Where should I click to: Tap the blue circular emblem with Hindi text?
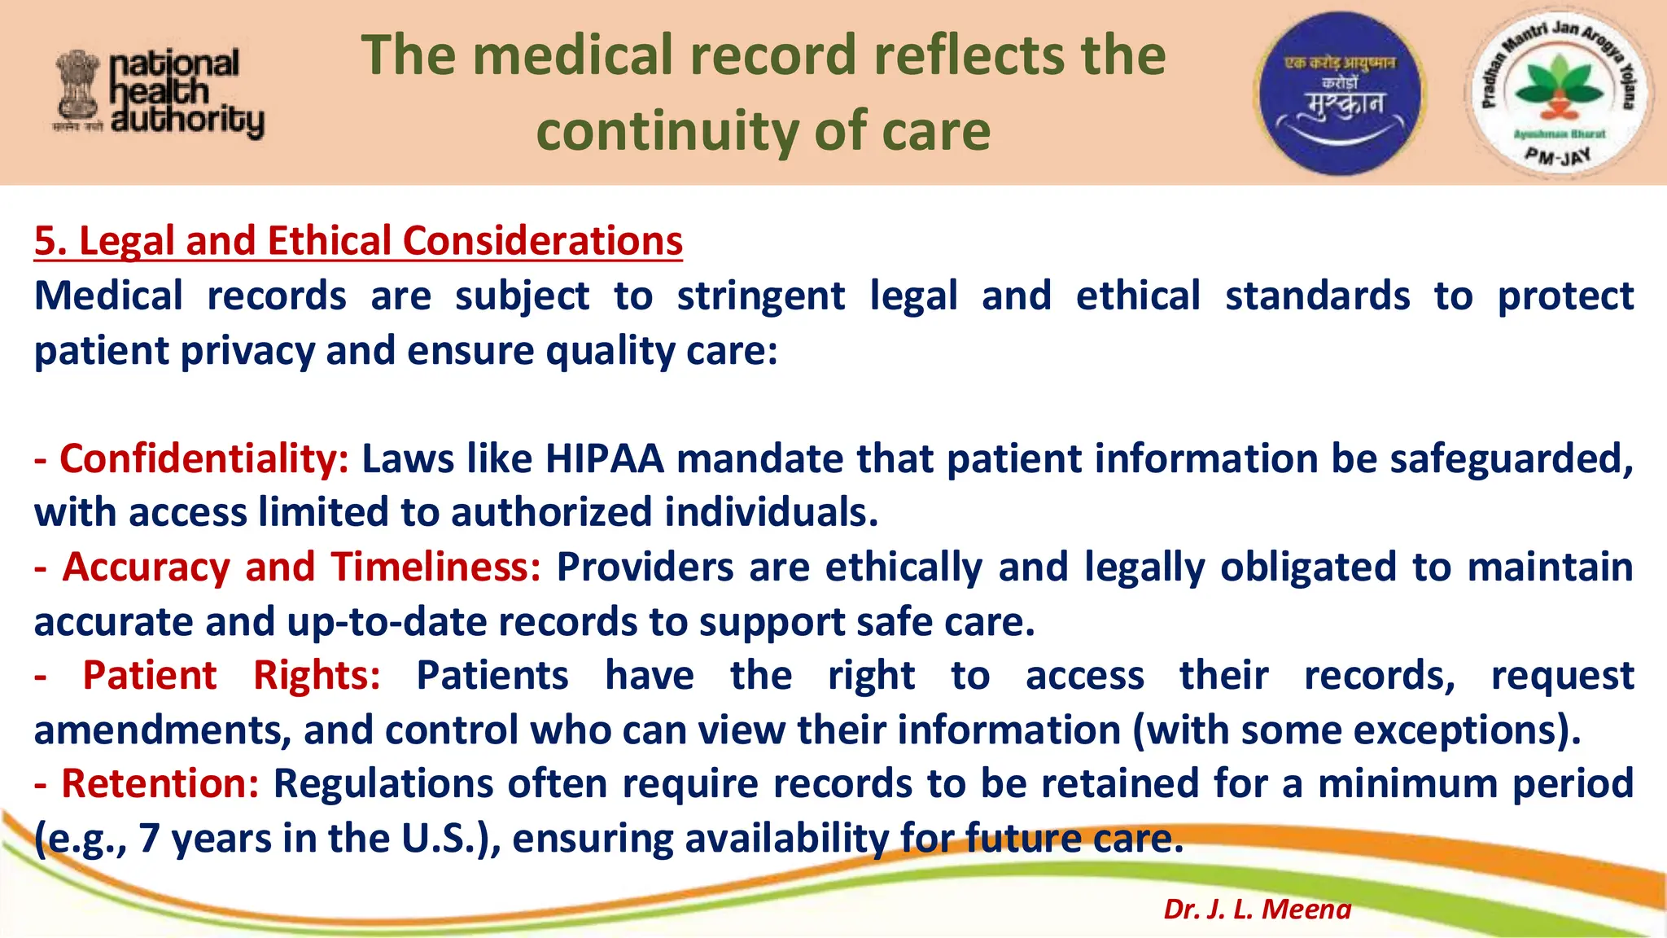(x=1340, y=93)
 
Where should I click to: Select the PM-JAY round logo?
(x=1556, y=93)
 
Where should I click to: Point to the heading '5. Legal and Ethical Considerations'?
(x=358, y=241)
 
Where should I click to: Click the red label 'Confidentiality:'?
(x=203, y=458)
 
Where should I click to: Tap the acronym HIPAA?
(x=604, y=458)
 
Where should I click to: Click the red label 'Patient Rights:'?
(x=231, y=675)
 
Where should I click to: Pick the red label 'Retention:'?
(x=160, y=783)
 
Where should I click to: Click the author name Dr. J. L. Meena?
(x=1257, y=909)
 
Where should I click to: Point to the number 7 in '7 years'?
(x=149, y=838)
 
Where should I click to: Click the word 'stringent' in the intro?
(x=760, y=296)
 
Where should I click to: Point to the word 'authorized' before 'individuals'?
(x=551, y=513)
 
